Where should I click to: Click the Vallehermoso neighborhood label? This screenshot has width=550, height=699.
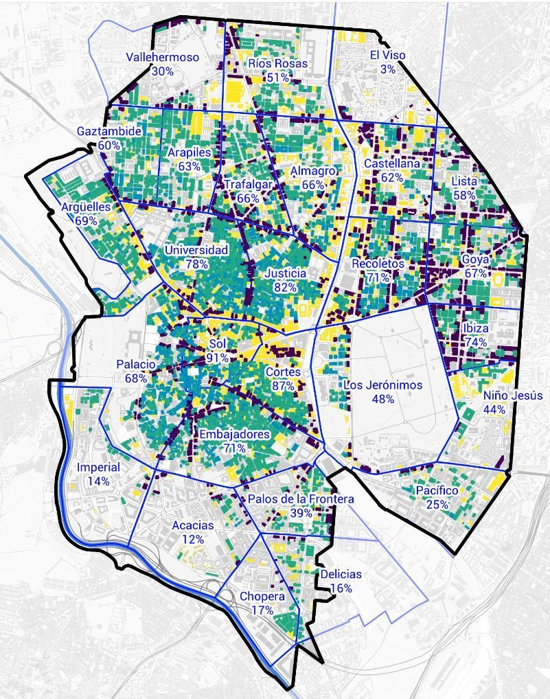tap(162, 58)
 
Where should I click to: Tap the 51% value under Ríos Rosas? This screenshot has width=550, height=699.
tap(277, 78)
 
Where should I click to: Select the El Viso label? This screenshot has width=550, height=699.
tap(387, 55)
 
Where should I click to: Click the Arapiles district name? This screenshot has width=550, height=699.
tap(189, 152)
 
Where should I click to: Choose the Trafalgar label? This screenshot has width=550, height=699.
tap(247, 185)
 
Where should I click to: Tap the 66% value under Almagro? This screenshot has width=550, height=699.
tap(312, 185)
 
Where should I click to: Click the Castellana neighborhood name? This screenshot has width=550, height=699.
tap(391, 164)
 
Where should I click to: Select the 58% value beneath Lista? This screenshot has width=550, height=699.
tap(464, 195)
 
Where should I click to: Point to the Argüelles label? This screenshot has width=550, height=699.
tap(86, 207)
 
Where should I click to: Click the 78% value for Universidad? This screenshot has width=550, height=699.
tap(196, 264)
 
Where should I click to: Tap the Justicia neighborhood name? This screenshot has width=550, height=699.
tap(285, 273)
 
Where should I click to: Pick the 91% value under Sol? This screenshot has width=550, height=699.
tap(218, 358)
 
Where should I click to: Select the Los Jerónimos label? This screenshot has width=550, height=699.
tap(382, 385)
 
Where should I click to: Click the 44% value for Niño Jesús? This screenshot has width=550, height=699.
tap(494, 410)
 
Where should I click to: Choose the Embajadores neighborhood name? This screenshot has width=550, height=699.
tap(234, 435)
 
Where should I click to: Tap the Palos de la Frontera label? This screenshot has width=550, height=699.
tap(301, 499)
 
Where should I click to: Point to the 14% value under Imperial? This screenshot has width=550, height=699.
tap(98, 481)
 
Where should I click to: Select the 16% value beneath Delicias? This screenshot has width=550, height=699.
tap(341, 588)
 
